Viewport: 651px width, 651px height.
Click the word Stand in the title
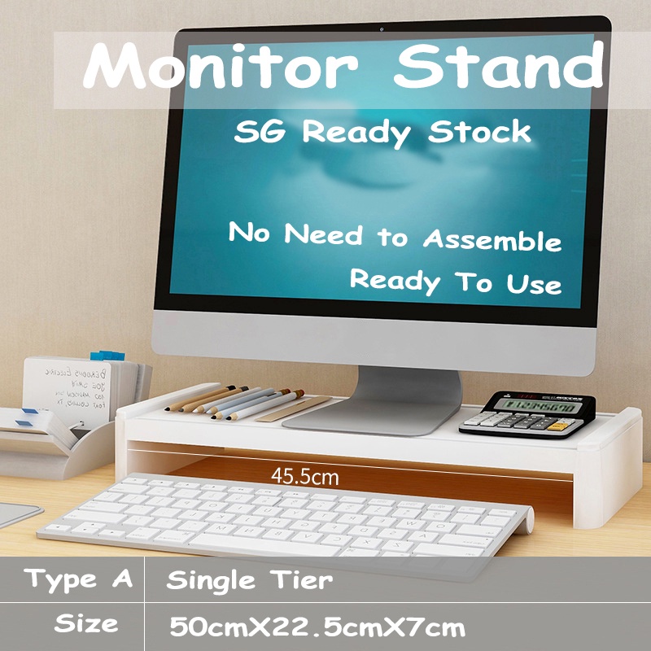498,68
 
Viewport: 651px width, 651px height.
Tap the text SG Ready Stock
382,133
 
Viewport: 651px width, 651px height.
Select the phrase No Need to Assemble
395,237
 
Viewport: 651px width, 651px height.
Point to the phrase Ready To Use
456,282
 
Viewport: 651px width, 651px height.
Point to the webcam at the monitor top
381,30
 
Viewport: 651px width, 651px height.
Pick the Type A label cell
78,580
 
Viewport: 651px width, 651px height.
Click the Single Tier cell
249,580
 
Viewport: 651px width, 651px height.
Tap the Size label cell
86,625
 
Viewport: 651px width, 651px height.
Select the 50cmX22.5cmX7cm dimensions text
317,627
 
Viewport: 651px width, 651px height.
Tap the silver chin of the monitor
374,338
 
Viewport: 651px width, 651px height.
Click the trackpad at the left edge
16,514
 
